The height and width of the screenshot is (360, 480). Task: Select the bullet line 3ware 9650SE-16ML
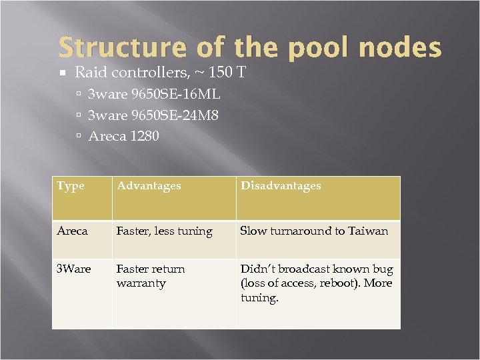[154, 94]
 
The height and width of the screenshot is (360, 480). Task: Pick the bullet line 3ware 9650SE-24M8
[153, 115]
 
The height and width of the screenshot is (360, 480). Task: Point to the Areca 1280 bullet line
[123, 136]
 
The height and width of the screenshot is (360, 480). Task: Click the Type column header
[71, 186]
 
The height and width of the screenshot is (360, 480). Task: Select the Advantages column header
[149, 186]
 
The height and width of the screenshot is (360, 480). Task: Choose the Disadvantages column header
[281, 186]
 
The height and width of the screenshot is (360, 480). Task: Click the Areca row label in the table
[72, 231]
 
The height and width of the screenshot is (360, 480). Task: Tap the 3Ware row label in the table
[74, 269]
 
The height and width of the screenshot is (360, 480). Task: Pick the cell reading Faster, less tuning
[164, 231]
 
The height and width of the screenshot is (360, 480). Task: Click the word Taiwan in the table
[366, 231]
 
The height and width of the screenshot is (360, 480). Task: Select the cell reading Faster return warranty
[151, 276]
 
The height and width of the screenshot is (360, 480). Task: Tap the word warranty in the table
[141, 283]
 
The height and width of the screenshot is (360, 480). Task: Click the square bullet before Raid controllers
[63, 72]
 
